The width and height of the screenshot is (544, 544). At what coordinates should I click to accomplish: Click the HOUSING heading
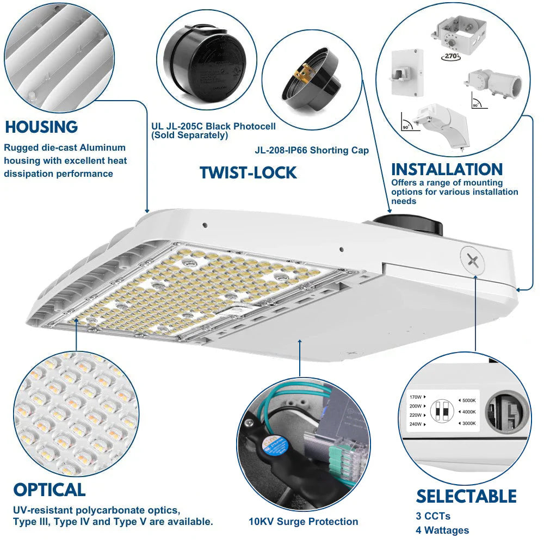[41, 127]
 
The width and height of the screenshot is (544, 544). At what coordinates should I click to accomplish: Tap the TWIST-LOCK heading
[248, 172]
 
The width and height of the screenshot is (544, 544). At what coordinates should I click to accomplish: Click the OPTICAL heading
[50, 490]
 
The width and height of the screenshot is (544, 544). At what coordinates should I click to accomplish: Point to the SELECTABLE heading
[466, 496]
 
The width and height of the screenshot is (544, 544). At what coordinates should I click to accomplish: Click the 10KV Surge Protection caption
[304, 522]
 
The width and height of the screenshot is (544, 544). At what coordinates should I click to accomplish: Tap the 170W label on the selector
[417, 397]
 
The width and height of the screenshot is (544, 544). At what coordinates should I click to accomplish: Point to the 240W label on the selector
[417, 424]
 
